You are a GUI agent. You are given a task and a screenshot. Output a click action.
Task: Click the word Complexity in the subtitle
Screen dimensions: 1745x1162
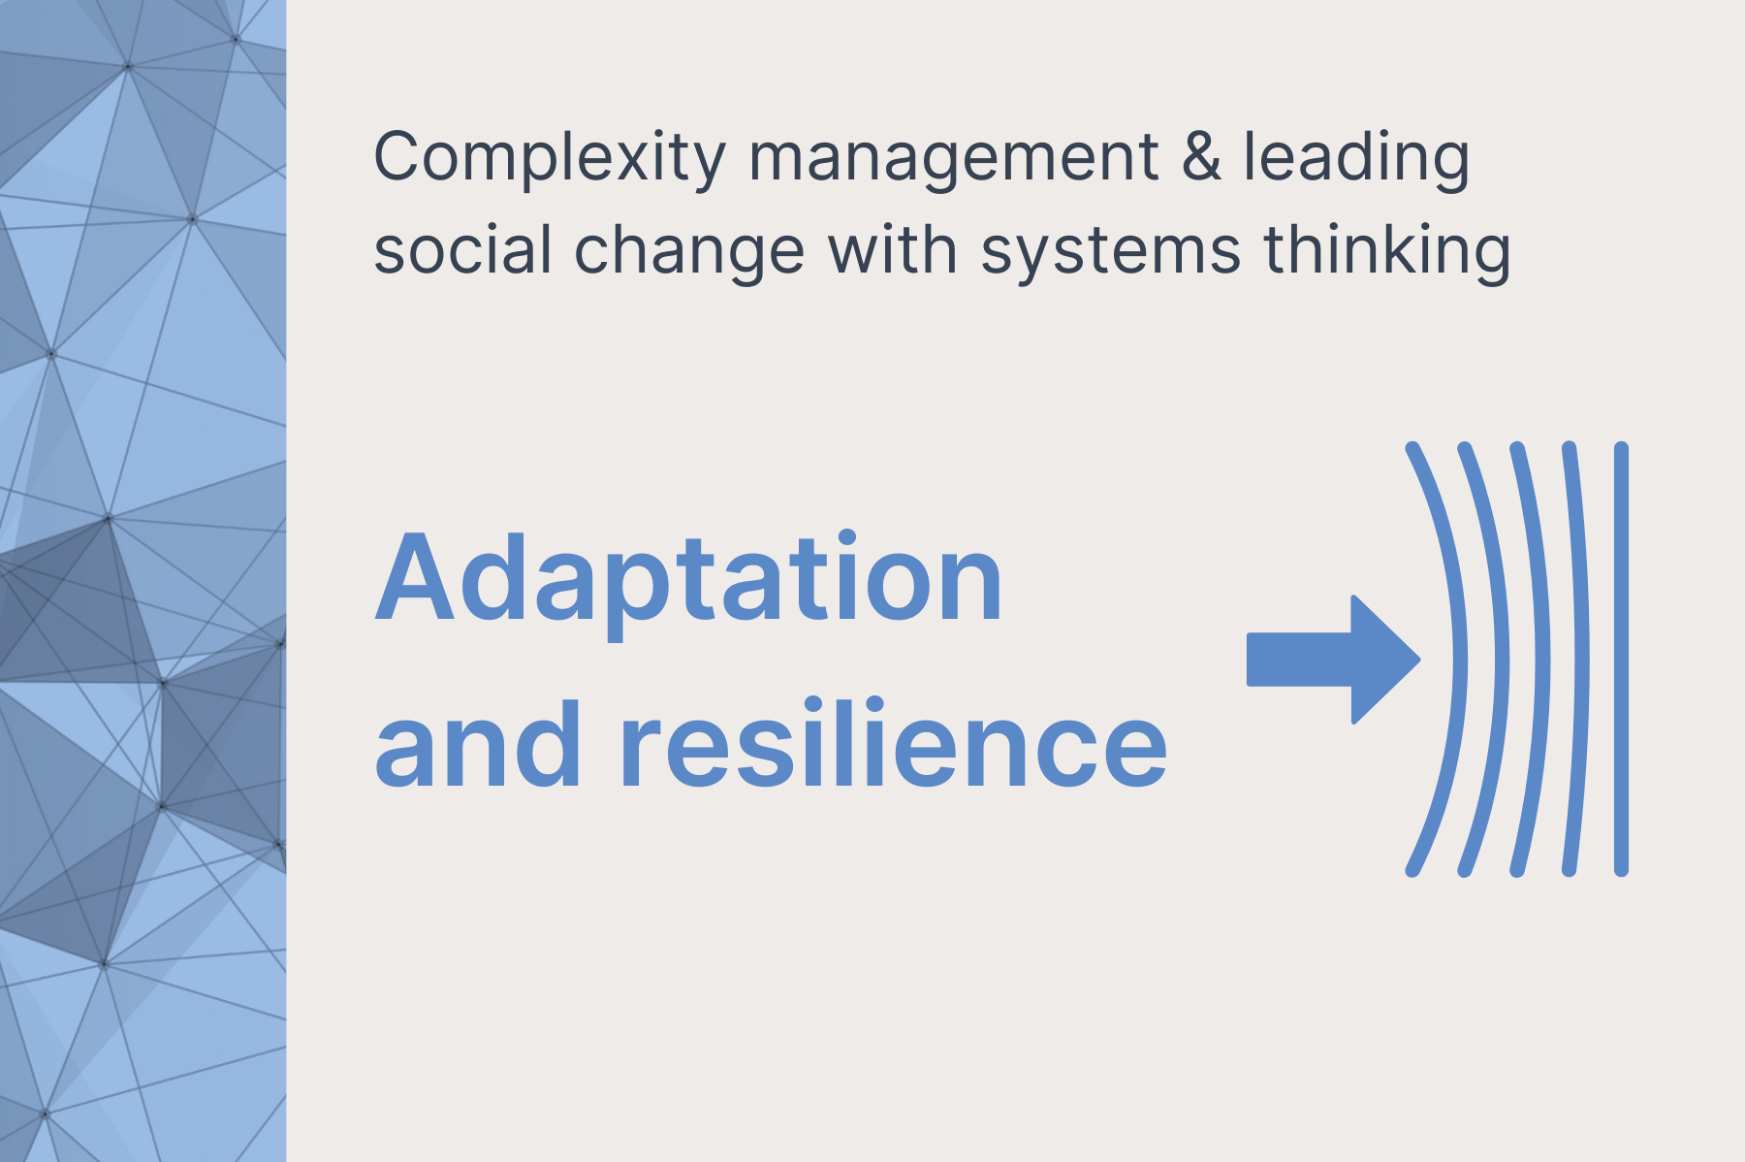[x=550, y=158]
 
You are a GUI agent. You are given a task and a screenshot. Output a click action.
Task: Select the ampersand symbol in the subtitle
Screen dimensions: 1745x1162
[x=1202, y=156]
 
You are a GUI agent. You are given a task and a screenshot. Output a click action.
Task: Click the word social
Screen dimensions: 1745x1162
[x=462, y=249]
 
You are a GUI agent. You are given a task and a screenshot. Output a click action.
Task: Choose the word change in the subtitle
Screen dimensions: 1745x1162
[x=689, y=252]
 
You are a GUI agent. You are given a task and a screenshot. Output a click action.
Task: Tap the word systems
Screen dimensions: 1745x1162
[x=1110, y=253]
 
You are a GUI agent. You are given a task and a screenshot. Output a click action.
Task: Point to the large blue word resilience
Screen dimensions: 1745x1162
[x=894, y=742]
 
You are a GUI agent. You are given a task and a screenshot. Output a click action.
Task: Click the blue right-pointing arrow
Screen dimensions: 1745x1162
[x=1334, y=660]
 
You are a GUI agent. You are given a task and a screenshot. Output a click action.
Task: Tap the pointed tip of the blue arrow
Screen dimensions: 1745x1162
[x=1420, y=660]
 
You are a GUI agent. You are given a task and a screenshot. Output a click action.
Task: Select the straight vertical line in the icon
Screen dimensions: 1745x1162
[x=1621, y=660]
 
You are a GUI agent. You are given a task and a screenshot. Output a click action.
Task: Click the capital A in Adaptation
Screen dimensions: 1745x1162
[x=415, y=578]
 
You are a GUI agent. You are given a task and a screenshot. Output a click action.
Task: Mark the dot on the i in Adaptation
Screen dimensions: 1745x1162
[x=845, y=539]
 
